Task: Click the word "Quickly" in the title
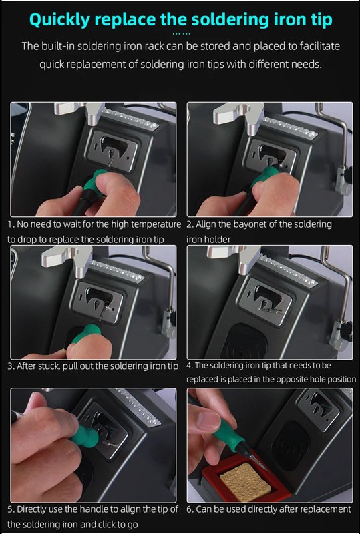coord(59,20)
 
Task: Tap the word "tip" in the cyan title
coord(321,20)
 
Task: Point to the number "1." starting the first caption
coord(11,224)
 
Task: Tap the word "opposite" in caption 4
coord(275,379)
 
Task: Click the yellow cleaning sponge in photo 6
coord(242,481)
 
